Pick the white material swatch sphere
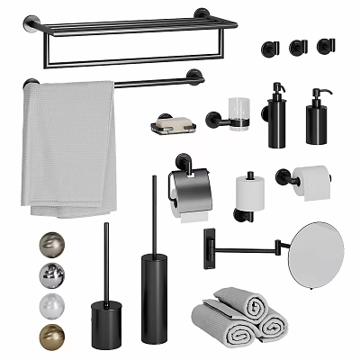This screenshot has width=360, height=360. point(51,305)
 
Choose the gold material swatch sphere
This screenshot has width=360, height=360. point(51,337)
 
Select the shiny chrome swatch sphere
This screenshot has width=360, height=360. point(51,274)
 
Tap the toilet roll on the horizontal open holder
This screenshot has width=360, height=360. point(310,179)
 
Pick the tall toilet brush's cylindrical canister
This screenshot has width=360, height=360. point(154,296)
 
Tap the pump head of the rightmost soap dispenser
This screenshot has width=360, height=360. point(316,93)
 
